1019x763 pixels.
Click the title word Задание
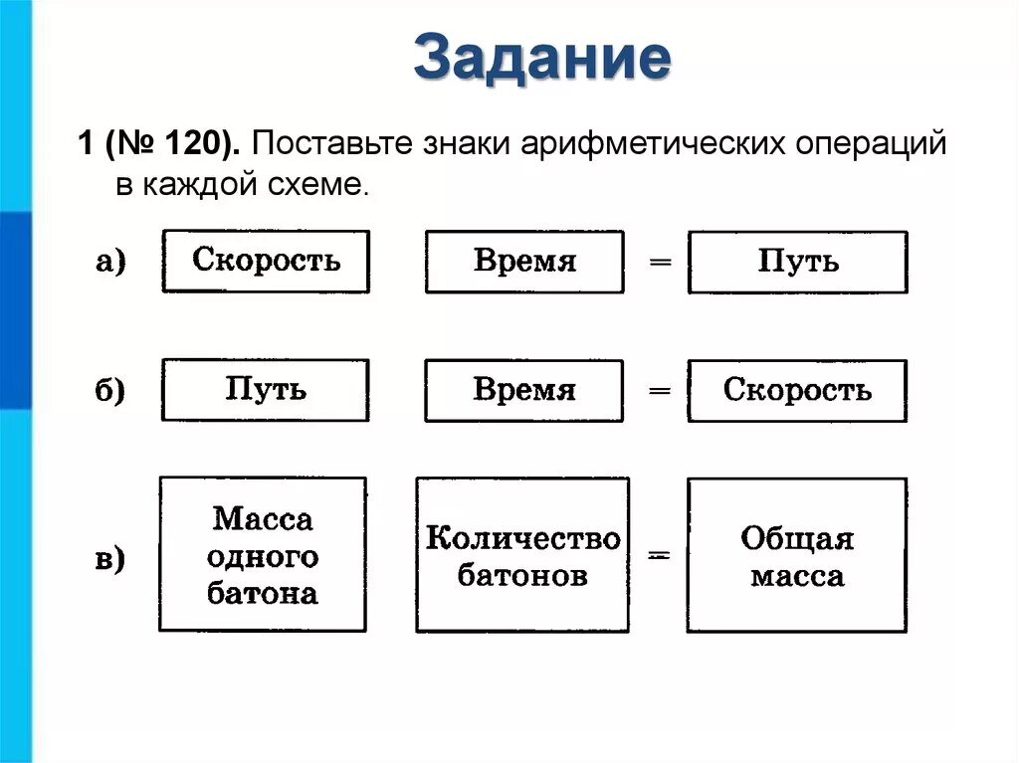542,59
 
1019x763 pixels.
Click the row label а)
110,263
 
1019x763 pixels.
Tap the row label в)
110,560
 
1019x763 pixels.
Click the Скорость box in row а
266,262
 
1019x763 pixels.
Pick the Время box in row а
524,262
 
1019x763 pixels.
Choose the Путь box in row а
797,262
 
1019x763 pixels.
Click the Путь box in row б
266,390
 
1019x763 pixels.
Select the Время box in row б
524,390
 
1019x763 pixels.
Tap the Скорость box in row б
797,390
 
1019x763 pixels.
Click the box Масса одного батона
263,555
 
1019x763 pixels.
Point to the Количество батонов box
522,555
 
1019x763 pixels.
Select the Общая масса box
797,555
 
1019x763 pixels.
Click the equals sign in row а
658,263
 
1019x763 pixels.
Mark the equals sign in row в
658,558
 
